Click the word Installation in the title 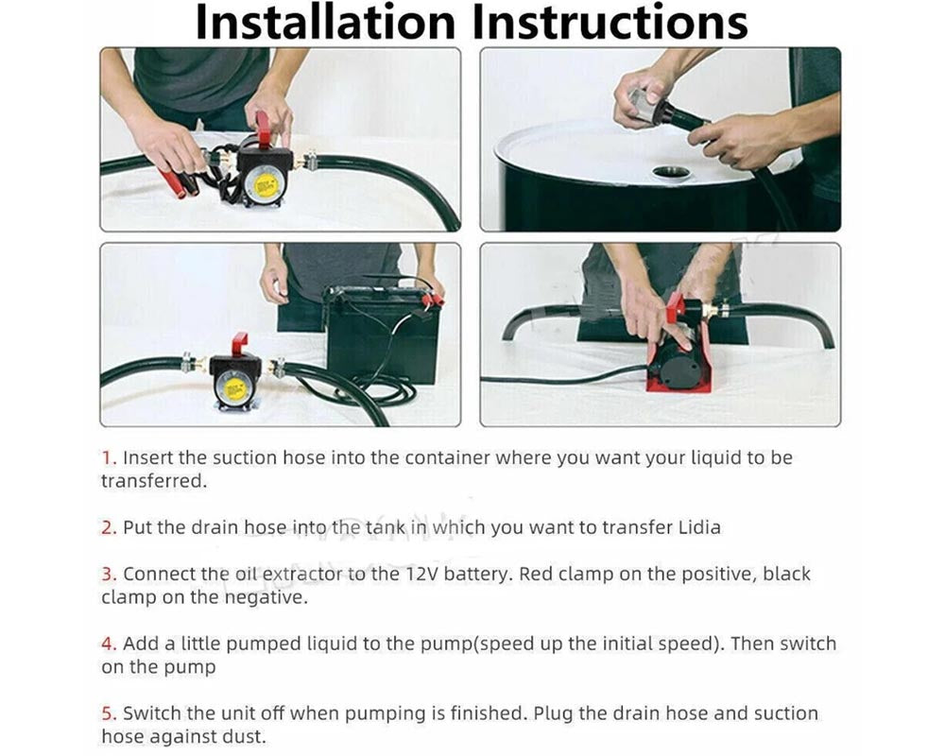pyautogui.click(x=325, y=22)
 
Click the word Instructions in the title pyautogui.click(x=610, y=22)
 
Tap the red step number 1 pyautogui.click(x=109, y=458)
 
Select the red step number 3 pyautogui.click(x=109, y=574)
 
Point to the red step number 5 pyautogui.click(x=109, y=713)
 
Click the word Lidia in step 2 pyautogui.click(x=699, y=527)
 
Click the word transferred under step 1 pyautogui.click(x=154, y=481)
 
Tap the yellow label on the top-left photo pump pyautogui.click(x=266, y=184)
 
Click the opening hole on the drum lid pyautogui.click(x=671, y=172)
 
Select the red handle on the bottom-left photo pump pyautogui.click(x=239, y=345)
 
